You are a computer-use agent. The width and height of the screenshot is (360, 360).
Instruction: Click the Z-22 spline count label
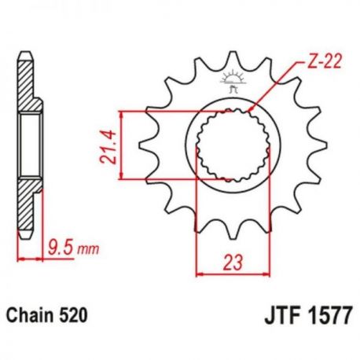(324, 63)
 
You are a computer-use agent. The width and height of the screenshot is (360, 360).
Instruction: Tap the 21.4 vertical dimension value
(108, 146)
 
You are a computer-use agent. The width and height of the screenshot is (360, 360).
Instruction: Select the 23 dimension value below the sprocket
(233, 262)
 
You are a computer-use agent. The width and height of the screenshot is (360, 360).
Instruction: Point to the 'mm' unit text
(88, 249)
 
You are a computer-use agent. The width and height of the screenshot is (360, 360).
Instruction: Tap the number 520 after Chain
(73, 316)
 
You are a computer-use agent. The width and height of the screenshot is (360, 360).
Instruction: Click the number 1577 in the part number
(330, 315)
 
